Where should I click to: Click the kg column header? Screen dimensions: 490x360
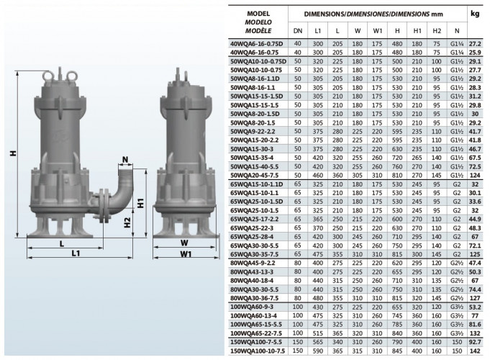(x=475, y=14)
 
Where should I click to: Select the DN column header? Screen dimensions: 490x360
(x=298, y=31)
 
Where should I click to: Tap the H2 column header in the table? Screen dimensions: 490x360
(x=437, y=31)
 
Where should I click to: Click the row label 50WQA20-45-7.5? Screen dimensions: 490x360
(x=255, y=175)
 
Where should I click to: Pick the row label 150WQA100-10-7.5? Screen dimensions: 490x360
(x=258, y=351)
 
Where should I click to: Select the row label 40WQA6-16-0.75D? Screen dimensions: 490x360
(x=257, y=44)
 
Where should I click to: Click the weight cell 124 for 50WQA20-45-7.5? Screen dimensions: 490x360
(x=475, y=175)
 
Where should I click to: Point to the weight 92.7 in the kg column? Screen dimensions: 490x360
(x=475, y=342)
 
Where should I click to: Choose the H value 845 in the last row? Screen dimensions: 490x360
(x=397, y=351)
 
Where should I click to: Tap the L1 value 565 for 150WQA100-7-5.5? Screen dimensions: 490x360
(x=317, y=342)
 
